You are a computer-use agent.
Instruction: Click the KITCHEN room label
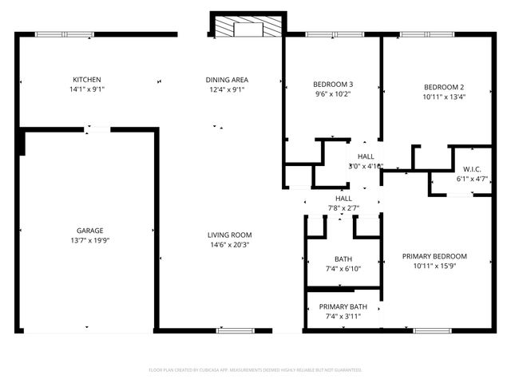point(87,80)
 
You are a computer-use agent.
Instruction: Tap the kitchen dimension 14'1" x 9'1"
point(87,90)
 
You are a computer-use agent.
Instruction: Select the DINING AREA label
point(227,80)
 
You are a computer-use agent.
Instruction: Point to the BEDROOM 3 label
point(333,84)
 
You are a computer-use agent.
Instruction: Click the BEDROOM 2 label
point(444,87)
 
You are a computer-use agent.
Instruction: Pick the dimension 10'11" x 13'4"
point(444,97)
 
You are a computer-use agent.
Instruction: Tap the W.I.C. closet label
point(471,169)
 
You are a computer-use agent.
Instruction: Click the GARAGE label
point(89,231)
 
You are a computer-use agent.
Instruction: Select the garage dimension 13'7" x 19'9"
point(89,240)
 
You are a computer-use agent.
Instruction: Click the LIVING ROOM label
point(230,235)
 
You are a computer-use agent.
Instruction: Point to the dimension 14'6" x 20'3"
point(230,245)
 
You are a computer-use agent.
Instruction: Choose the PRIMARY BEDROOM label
point(434,256)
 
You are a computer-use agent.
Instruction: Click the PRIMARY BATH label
point(343,307)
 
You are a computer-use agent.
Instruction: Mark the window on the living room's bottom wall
point(237,330)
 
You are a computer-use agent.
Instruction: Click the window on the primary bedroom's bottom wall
point(433,330)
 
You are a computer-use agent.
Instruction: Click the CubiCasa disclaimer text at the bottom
point(255,370)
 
